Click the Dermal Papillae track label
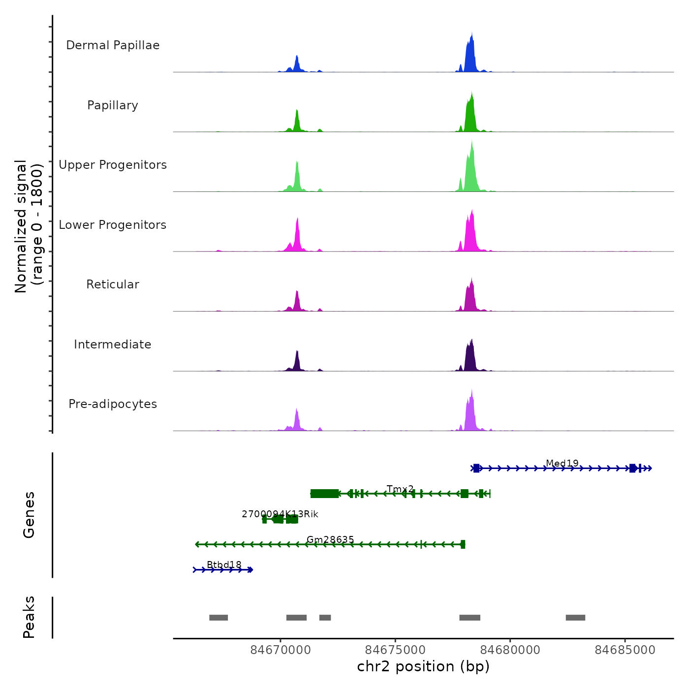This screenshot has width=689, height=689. tap(113, 45)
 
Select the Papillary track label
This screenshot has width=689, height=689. tap(113, 105)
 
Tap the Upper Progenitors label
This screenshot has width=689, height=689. tap(113, 165)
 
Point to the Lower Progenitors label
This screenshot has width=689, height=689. tap(113, 225)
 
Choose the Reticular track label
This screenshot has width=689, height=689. tap(113, 284)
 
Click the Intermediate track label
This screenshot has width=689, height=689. tap(113, 344)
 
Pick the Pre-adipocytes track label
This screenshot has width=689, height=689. tap(113, 404)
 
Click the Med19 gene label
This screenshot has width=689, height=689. tap(562, 463)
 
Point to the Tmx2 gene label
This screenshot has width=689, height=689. tap(400, 489)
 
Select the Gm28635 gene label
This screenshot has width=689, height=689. tap(330, 539)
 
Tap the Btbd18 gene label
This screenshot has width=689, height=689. tap(224, 564)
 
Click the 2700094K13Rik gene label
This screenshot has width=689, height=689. tap(280, 514)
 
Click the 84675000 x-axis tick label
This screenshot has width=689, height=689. tap(395, 650)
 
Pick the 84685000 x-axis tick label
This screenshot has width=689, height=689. tap(625, 650)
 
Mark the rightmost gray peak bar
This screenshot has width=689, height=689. tap(575, 618)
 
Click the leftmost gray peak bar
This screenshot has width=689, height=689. tap(219, 618)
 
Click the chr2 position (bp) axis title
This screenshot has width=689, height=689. tap(423, 666)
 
